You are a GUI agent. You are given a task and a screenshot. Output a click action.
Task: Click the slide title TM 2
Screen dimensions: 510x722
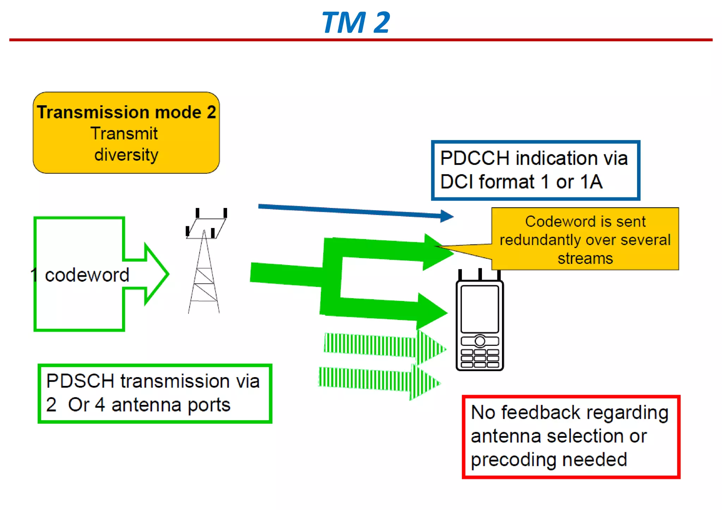(x=356, y=23)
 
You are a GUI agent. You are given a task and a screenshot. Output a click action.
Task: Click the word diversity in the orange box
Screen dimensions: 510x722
(x=126, y=155)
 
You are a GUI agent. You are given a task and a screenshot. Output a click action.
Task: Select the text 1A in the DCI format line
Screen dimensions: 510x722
(x=591, y=182)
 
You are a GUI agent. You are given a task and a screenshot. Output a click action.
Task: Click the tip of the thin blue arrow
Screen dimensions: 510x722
(x=451, y=216)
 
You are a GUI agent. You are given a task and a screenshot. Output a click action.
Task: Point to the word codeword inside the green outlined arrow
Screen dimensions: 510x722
(x=87, y=275)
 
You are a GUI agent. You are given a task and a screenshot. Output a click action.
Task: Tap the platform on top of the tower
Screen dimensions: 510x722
(x=206, y=228)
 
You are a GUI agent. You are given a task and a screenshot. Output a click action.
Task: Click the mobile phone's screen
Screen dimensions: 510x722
(x=479, y=309)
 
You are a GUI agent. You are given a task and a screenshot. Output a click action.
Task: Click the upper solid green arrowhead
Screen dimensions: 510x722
(x=437, y=252)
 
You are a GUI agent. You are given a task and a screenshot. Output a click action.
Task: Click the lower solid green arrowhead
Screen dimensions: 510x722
(x=432, y=312)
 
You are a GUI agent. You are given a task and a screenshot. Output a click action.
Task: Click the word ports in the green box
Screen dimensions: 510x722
(x=209, y=405)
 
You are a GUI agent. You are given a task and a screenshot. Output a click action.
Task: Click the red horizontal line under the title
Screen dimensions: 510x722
(x=361, y=40)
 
